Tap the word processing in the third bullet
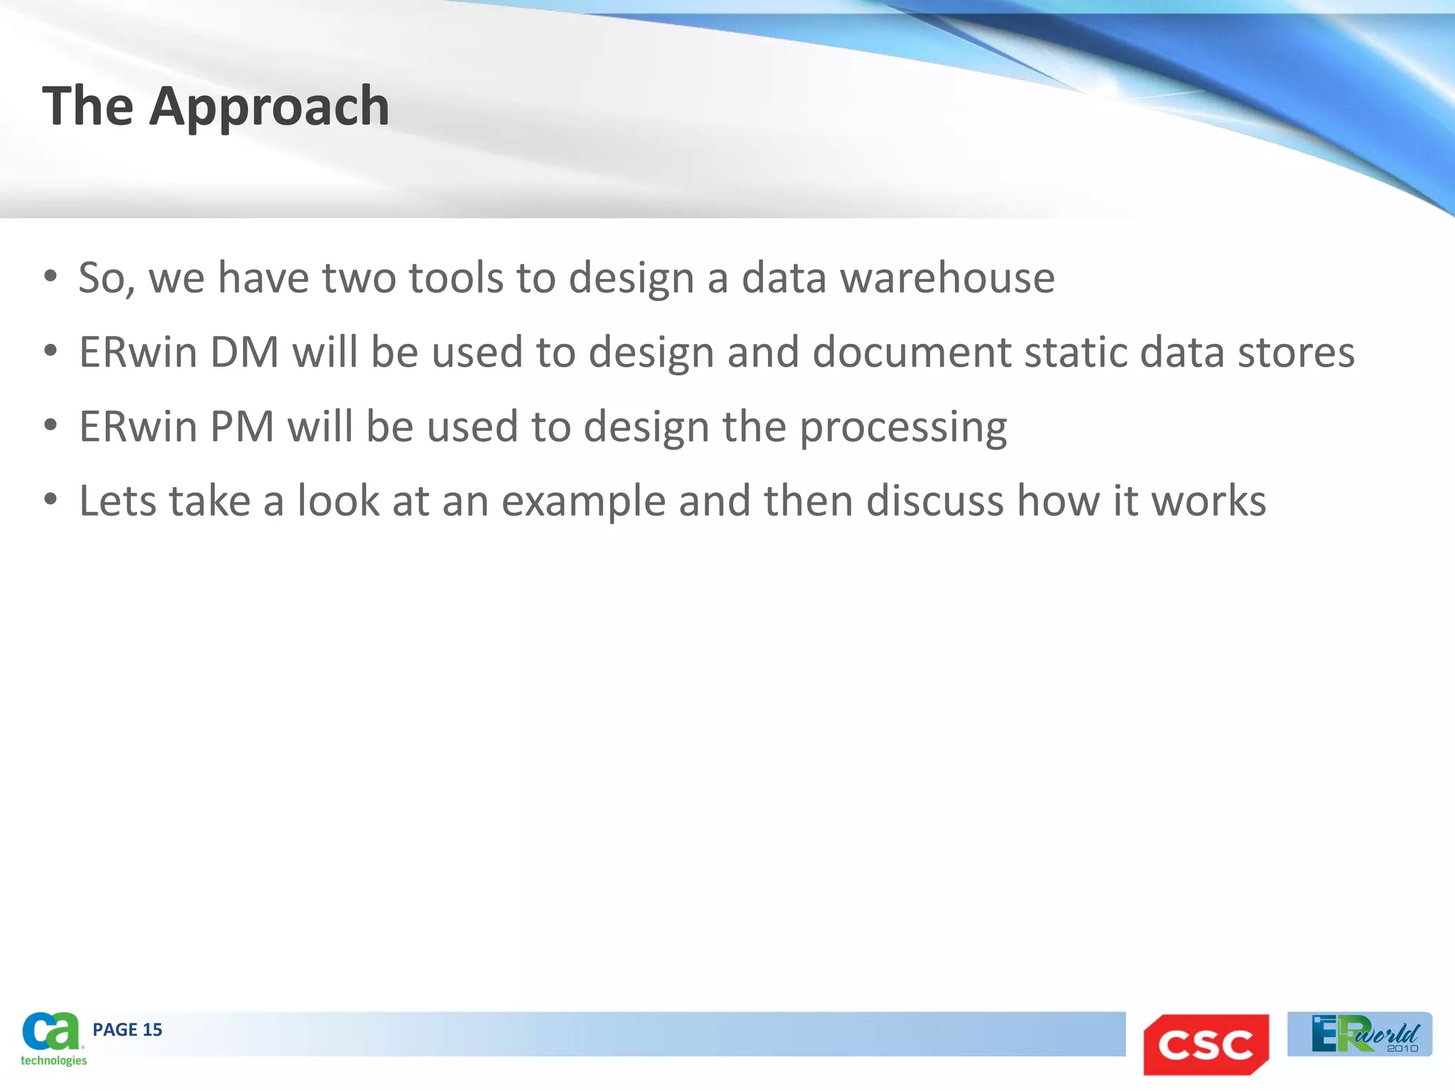903,428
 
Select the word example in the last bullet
583,501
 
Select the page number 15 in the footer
152,1029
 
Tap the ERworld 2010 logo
1359,1034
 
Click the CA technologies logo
51,1038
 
